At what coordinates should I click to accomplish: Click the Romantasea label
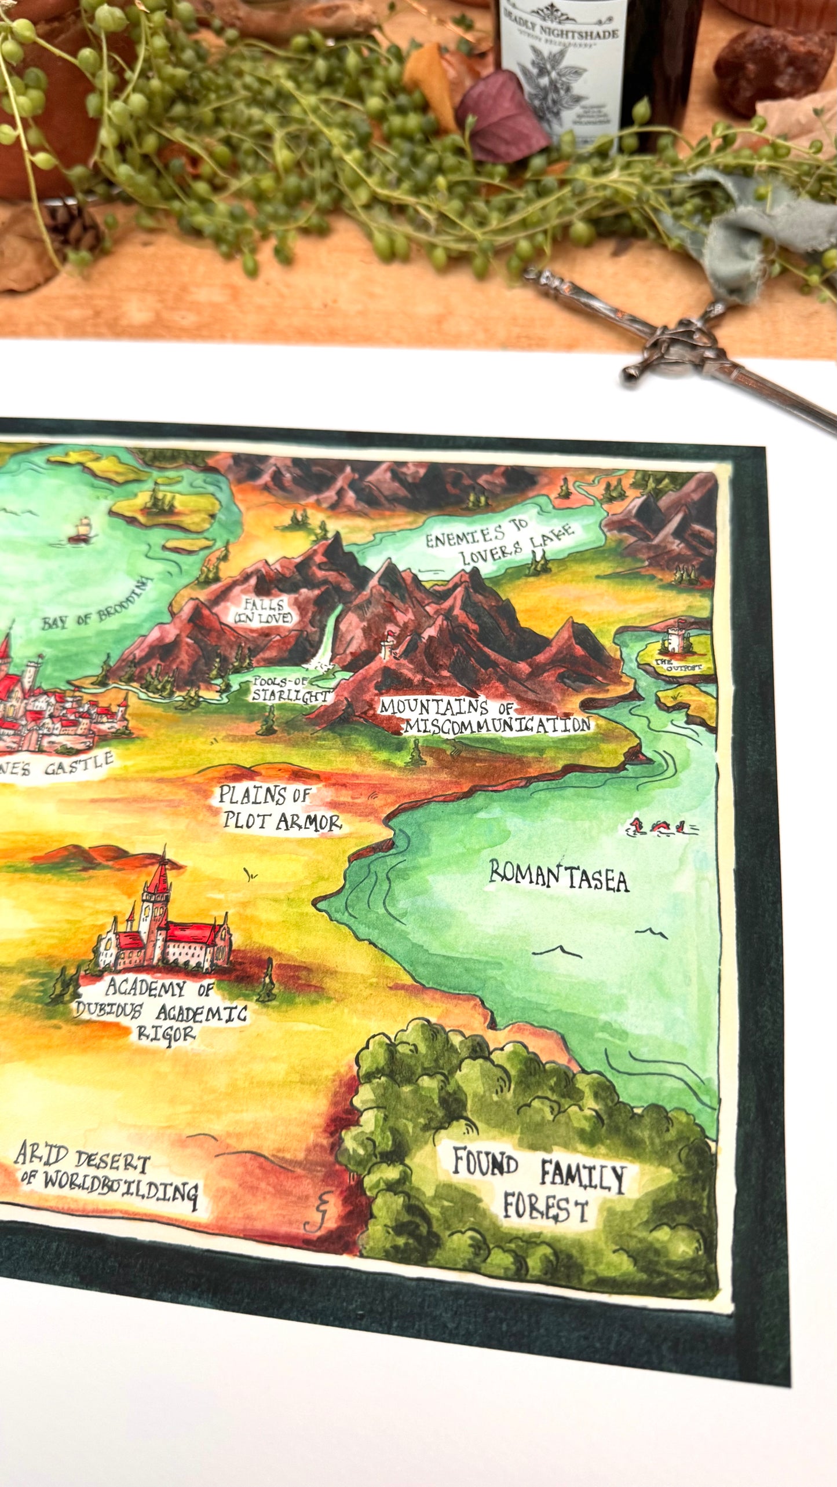(x=559, y=877)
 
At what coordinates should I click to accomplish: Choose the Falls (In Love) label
(x=264, y=611)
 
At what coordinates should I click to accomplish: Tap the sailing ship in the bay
(x=81, y=529)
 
